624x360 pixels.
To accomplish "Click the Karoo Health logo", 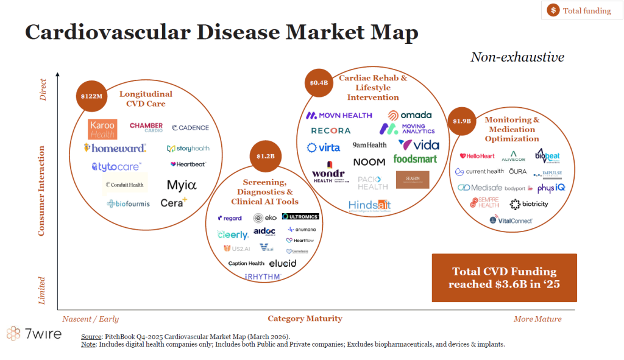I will [102, 129].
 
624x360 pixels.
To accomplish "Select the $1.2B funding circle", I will [266, 156].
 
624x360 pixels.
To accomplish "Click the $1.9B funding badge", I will [461, 121].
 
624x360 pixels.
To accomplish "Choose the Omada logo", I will [409, 115].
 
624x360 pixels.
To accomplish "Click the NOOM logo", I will [369, 162].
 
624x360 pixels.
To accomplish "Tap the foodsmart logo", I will [415, 159].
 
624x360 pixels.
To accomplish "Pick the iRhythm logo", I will [262, 277].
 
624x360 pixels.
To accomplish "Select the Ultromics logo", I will [300, 217].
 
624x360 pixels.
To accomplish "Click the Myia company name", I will [182, 185].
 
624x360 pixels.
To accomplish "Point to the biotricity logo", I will [529, 204].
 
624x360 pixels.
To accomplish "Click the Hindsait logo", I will [369, 205].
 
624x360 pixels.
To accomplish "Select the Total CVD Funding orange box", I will [504, 278].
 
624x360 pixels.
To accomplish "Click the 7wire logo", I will [34, 334].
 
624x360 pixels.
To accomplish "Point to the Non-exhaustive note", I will [517, 57].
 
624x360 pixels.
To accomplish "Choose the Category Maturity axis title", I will [305, 319].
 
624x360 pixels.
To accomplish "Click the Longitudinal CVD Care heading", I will [146, 99].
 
